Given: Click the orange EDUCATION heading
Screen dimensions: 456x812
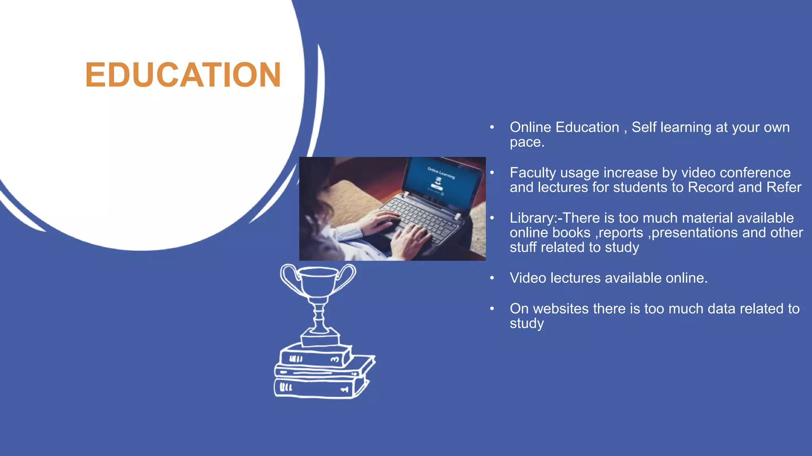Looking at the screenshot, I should pyautogui.click(x=183, y=75).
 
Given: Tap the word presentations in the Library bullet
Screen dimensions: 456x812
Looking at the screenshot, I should pyautogui.click(x=695, y=233).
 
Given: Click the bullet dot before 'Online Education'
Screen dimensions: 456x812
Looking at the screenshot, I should pyautogui.click(x=492, y=127).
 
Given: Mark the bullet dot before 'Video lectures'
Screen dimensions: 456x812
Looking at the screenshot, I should pyautogui.click(x=492, y=278).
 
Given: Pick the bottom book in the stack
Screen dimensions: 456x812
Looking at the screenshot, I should pyautogui.click(x=315, y=387).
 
